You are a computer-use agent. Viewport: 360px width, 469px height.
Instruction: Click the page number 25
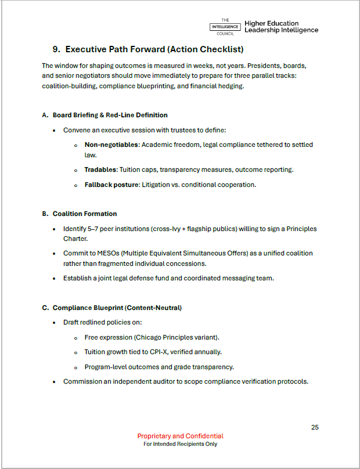(315, 427)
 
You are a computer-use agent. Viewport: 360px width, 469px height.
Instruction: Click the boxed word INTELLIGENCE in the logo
(225, 27)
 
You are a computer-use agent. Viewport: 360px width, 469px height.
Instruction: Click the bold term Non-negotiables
(111, 145)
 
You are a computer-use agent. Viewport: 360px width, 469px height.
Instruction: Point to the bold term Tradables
(100, 169)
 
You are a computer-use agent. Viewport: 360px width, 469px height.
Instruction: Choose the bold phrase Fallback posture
(111, 185)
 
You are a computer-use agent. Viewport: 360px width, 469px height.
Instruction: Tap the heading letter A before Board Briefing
(45, 115)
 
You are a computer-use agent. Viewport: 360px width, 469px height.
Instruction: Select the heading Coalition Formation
(85, 214)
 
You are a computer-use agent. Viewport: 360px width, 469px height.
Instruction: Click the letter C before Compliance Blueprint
(45, 308)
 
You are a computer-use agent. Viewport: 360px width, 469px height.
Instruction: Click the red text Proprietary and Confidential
(180, 436)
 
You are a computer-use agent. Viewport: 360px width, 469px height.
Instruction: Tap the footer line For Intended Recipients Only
(180, 445)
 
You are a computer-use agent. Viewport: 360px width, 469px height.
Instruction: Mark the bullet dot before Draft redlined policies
(54, 322)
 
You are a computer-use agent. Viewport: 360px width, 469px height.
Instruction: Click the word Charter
(75, 238)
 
